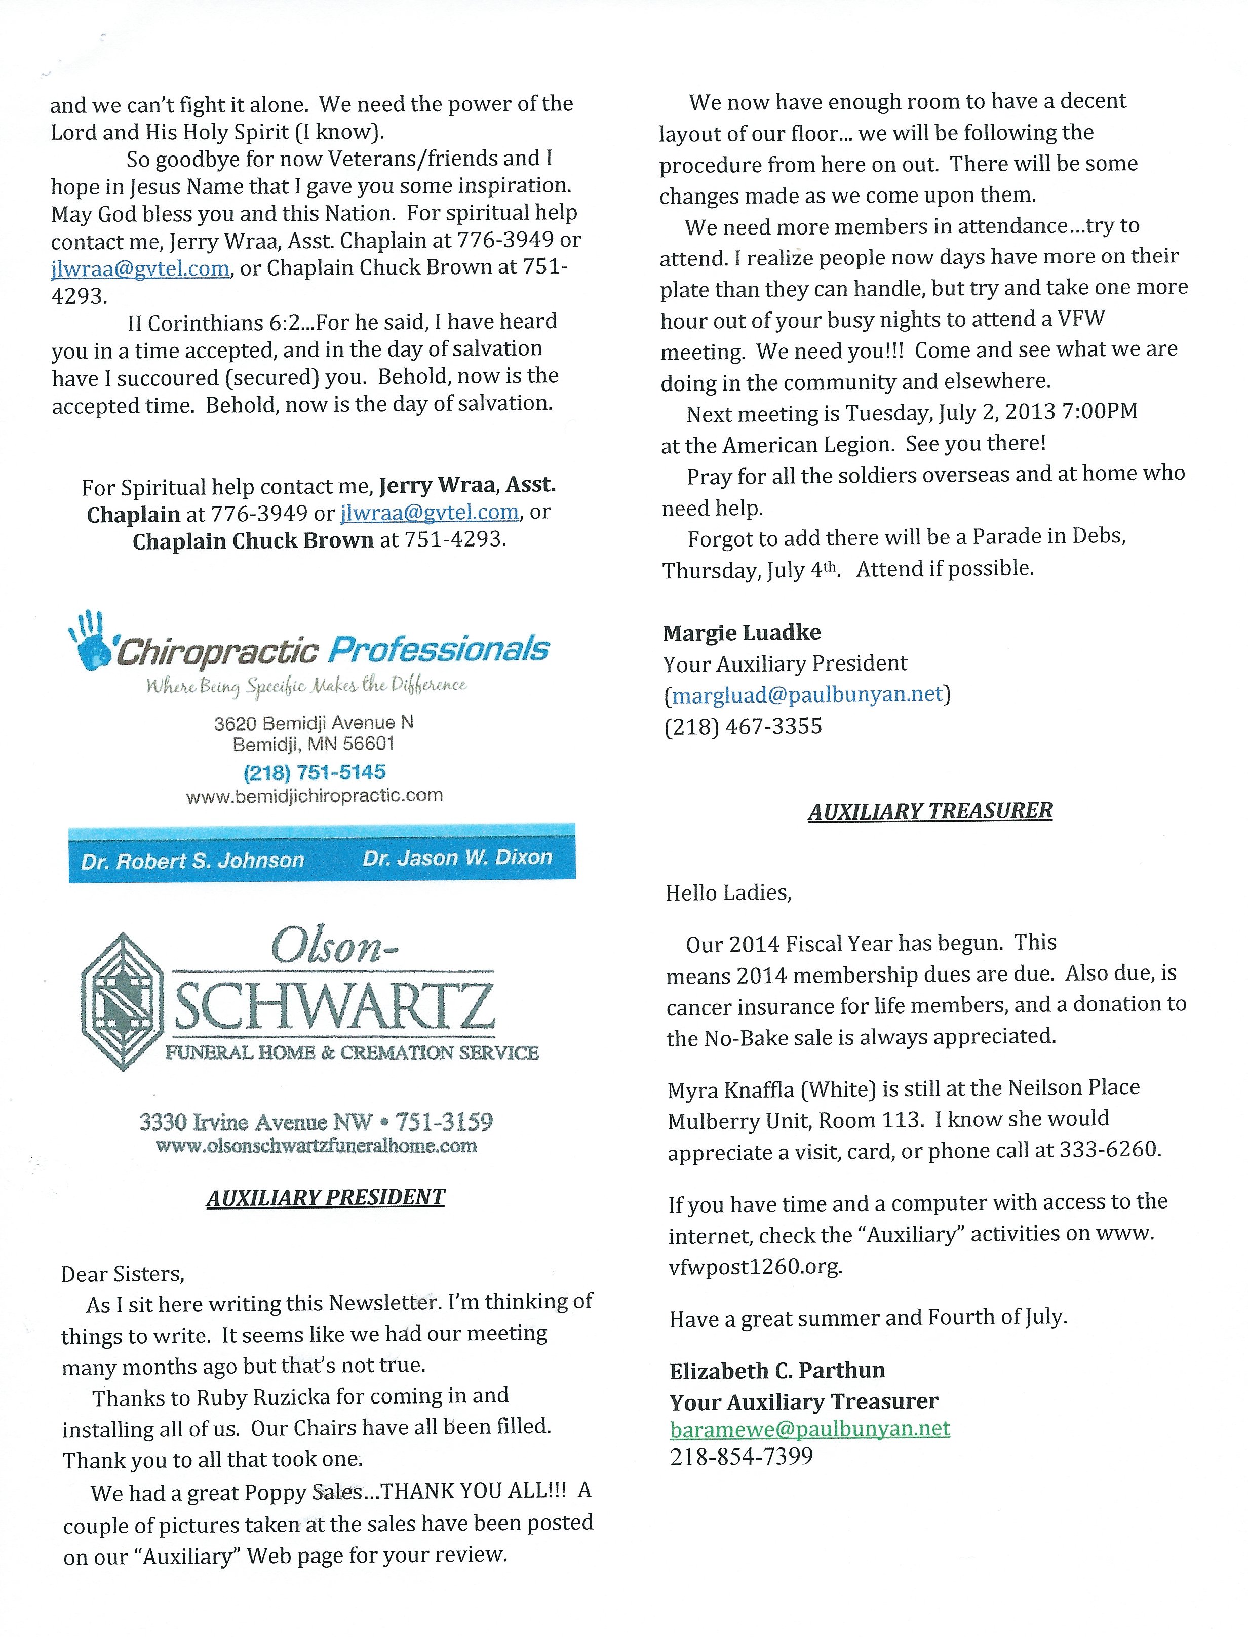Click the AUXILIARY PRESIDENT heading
coord(325,1197)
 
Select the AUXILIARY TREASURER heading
coord(930,810)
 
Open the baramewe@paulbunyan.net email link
coord(810,1428)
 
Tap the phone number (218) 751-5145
coord(314,772)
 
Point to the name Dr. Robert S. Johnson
coord(192,860)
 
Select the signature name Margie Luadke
coord(742,632)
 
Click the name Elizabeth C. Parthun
coord(777,1371)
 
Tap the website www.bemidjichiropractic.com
coord(314,796)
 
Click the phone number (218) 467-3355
coord(743,726)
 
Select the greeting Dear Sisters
coord(123,1274)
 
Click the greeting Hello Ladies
coord(728,892)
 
